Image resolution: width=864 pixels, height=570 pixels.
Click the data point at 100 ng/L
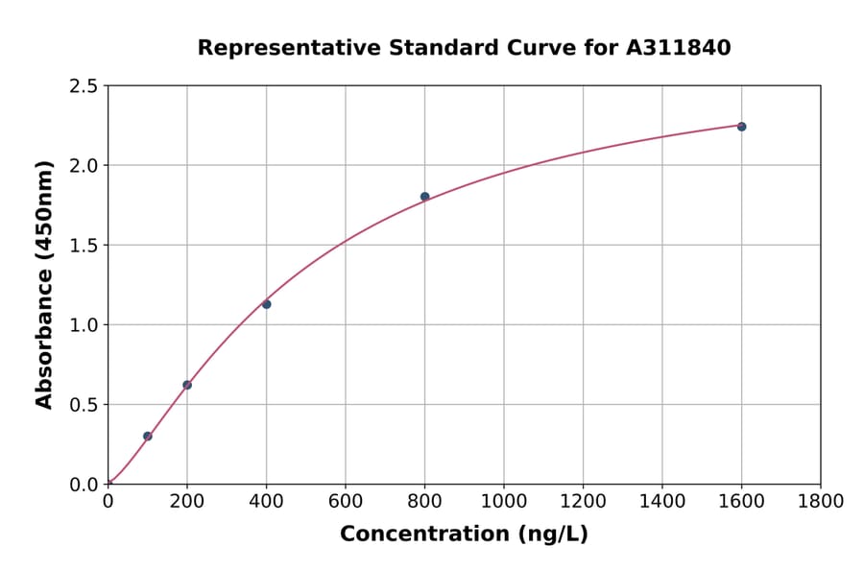tap(148, 436)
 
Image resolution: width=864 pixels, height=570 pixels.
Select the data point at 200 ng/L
tap(187, 385)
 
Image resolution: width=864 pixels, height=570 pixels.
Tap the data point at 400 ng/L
tap(266, 304)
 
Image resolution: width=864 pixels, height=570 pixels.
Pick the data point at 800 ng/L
tap(424, 197)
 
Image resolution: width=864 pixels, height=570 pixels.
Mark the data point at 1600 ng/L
tap(741, 127)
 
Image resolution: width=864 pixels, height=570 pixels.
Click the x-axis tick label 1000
tap(504, 501)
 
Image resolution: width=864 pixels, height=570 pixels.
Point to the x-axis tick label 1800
tap(821, 501)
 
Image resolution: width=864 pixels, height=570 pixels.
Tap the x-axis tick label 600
tap(346, 501)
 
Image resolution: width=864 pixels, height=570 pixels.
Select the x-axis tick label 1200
tap(583, 501)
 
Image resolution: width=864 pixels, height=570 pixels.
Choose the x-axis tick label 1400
tap(662, 501)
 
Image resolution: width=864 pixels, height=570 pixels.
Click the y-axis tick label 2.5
tap(84, 86)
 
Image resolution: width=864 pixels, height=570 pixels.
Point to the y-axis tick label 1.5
tap(84, 246)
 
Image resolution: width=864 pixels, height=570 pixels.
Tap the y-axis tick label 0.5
tap(84, 405)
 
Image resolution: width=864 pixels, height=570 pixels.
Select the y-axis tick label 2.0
tap(84, 166)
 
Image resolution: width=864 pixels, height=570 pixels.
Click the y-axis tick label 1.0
tap(84, 325)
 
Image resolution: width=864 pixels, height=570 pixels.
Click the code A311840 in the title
tap(679, 47)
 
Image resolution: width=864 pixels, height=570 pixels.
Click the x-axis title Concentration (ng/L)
tap(464, 534)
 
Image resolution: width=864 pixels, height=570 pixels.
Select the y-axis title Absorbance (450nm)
tap(44, 285)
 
